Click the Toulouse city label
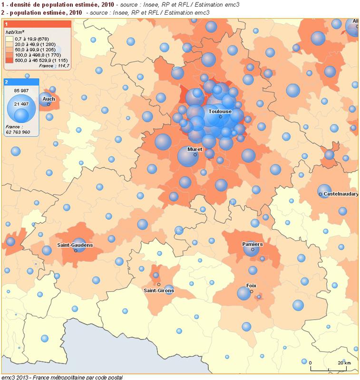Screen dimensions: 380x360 (220, 111)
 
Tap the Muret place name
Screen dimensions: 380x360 (195, 149)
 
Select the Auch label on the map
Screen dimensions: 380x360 (49, 99)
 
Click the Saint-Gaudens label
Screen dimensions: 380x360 (75, 245)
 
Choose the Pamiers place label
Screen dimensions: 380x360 (252, 244)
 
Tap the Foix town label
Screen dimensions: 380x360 (251, 285)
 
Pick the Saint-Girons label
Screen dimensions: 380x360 (159, 290)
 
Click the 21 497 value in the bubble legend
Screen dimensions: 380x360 (22, 104)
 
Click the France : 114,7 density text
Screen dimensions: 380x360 (57, 66)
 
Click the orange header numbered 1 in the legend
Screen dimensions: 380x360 (37, 23)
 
